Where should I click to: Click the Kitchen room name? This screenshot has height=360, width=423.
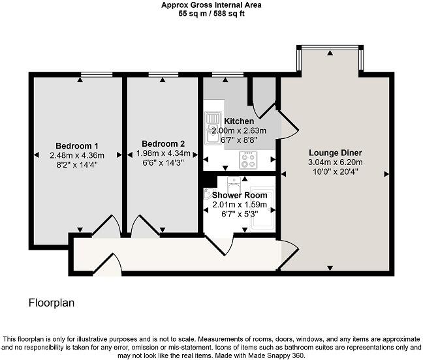(239, 121)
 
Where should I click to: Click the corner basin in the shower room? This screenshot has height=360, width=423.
(210, 194)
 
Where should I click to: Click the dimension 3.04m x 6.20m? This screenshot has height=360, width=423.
(335, 162)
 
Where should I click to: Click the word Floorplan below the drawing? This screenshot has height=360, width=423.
(51, 303)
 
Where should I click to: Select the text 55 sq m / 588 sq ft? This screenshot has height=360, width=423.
(211, 13)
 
